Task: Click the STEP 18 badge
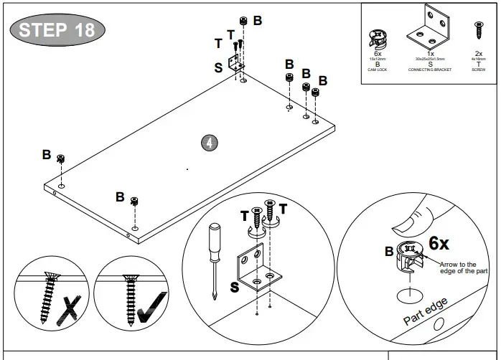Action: pyautogui.click(x=57, y=30)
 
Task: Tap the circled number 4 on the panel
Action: pyautogui.click(x=209, y=143)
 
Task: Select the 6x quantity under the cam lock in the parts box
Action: pyautogui.click(x=378, y=53)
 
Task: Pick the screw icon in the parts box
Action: pyautogui.click(x=478, y=32)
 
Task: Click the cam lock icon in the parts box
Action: pyautogui.click(x=378, y=37)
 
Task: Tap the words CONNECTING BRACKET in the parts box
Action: pyautogui.click(x=430, y=69)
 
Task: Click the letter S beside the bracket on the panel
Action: pyautogui.click(x=218, y=68)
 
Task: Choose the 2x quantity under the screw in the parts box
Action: pyautogui.click(x=478, y=53)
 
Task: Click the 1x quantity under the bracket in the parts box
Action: pyautogui.click(x=430, y=53)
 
